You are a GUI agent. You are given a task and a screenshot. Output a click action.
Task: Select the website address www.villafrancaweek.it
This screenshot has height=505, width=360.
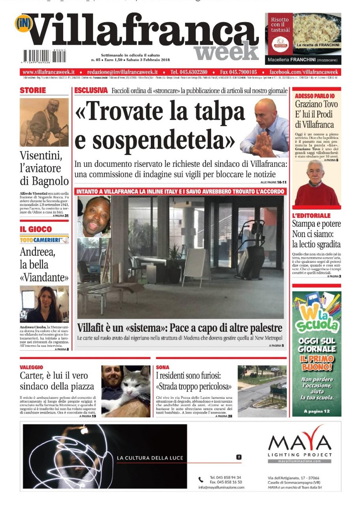point(49,72)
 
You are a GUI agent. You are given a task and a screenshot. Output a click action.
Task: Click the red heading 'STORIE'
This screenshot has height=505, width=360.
point(33,91)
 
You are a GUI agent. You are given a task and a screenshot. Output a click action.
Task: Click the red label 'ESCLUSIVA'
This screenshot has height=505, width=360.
point(91,91)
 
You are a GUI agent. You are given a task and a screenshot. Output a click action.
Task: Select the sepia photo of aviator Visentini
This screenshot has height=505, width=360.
point(44,122)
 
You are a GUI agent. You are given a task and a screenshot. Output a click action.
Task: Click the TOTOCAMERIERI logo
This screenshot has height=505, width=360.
point(44,239)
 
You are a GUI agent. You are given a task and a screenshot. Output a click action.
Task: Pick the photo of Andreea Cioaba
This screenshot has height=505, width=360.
point(44,304)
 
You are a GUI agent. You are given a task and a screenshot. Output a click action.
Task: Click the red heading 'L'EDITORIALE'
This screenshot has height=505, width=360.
point(311,216)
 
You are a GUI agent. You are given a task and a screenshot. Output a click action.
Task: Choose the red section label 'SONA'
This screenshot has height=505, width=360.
point(163,367)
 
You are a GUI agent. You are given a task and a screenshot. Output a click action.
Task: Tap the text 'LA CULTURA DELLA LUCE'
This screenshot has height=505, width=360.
point(150,458)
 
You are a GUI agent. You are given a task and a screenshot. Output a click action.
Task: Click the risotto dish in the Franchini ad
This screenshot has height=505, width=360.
point(317,30)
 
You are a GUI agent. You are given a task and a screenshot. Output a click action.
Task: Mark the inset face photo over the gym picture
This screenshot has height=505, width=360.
point(94,217)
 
